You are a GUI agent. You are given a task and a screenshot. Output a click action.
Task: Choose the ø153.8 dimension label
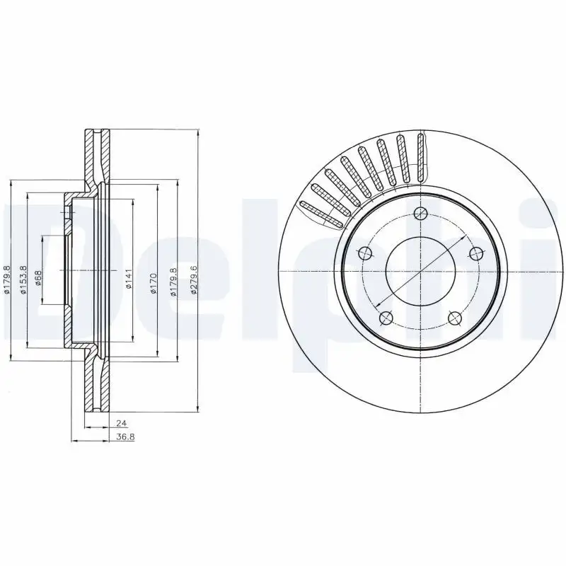pos(23,279)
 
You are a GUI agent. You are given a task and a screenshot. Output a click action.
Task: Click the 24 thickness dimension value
pos(115,423)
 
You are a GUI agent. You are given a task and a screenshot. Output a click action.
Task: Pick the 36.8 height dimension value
pos(125,437)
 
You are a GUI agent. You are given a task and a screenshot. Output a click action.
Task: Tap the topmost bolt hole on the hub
pos(420,216)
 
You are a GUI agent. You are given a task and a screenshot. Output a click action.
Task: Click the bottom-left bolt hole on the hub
pos(385,319)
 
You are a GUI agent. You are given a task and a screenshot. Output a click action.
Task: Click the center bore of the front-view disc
pos(420,272)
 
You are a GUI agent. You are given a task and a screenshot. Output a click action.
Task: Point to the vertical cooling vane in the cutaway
pos(422,155)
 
